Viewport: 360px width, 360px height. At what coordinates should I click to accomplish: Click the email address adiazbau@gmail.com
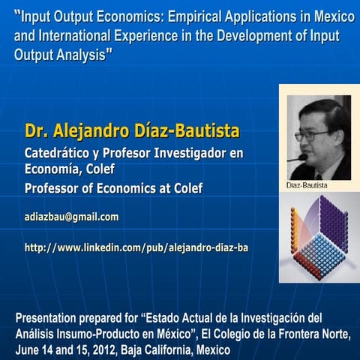coord(72,217)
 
